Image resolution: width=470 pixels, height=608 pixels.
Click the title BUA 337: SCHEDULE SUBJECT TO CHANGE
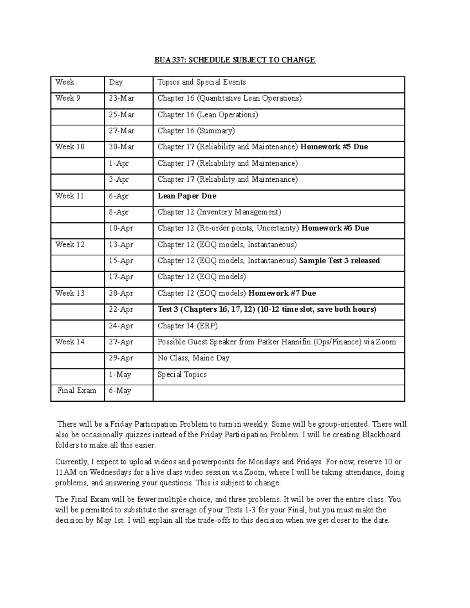click(x=234, y=60)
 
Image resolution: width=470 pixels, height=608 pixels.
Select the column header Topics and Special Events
click(x=201, y=82)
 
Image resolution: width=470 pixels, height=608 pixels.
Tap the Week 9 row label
click(x=68, y=98)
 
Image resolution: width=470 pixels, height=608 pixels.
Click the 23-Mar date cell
click(x=121, y=98)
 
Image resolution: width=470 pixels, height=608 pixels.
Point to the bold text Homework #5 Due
click(x=334, y=147)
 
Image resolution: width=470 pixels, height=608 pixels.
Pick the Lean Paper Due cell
click(x=187, y=196)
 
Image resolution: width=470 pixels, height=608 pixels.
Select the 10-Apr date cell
click(x=121, y=228)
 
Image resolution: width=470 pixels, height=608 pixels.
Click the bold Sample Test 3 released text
click(x=339, y=261)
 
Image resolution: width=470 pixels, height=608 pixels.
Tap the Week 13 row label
click(x=70, y=293)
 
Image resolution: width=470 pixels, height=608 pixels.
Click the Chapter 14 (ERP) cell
click(x=187, y=326)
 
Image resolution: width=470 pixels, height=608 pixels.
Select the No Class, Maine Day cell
click(x=193, y=358)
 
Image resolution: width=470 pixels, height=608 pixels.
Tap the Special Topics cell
click(x=182, y=374)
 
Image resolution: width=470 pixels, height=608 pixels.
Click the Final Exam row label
click(x=77, y=390)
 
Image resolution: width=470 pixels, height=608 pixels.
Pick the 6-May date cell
click(x=120, y=390)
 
